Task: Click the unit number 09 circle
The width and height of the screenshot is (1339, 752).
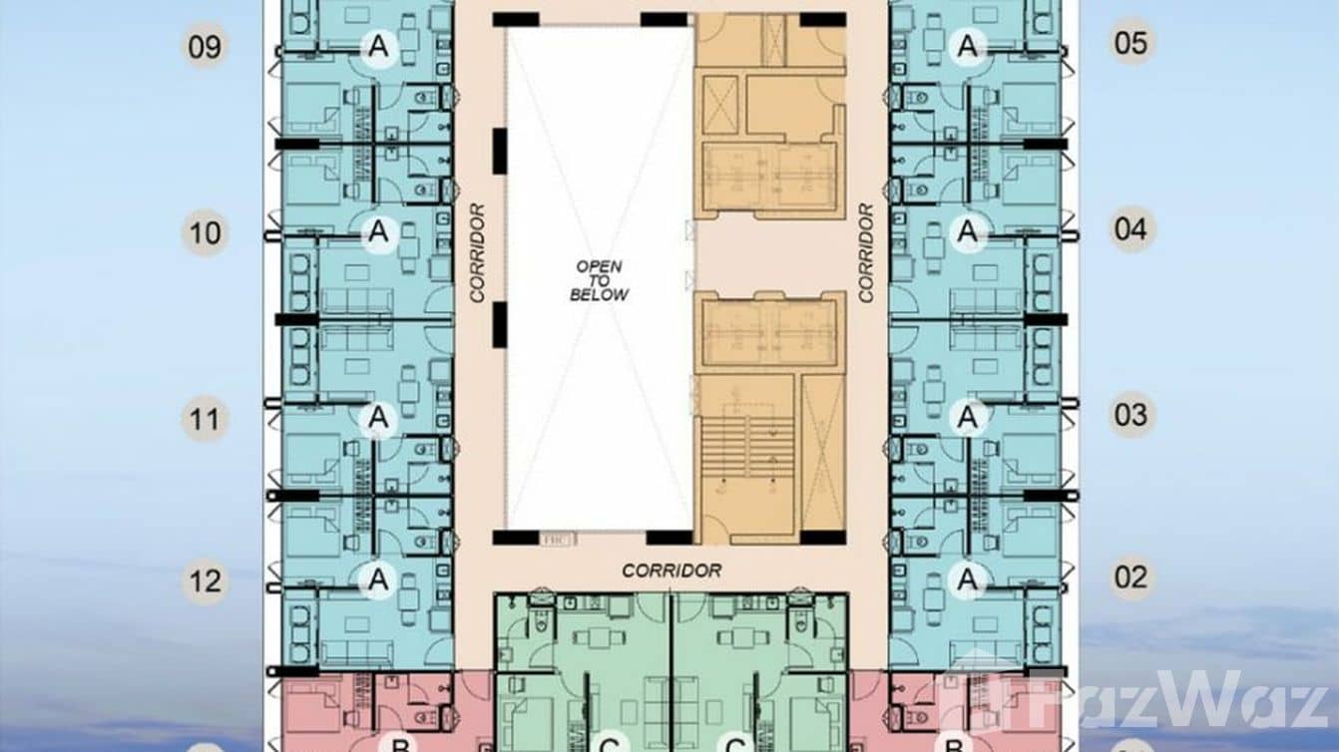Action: (205, 47)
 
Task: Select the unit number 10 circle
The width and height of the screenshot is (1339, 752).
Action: (205, 233)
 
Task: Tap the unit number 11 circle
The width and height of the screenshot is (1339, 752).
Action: (205, 419)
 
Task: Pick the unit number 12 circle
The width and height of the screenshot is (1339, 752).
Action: (205, 580)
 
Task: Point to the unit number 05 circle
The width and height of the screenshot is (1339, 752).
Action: (1130, 43)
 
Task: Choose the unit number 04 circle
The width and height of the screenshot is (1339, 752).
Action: (1130, 229)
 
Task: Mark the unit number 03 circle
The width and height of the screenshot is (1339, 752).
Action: (1130, 414)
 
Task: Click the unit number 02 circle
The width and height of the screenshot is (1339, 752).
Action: (1130, 577)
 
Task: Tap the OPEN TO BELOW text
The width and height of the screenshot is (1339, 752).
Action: (599, 280)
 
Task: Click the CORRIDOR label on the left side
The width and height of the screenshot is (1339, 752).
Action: (477, 252)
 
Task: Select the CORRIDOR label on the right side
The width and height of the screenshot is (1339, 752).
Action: (866, 252)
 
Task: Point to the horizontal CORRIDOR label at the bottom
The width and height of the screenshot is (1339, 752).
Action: (670, 570)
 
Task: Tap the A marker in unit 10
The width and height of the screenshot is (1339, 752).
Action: (377, 232)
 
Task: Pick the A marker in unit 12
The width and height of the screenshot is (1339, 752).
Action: (377, 578)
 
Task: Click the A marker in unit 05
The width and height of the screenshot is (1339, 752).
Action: (966, 45)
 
